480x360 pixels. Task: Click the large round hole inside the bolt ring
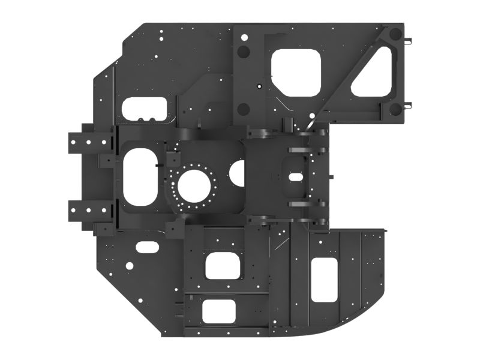pyautogui.click(x=194, y=185)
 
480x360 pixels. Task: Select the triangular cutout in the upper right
pyautogui.click(x=376, y=74)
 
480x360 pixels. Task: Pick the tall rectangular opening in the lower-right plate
pyautogui.click(x=326, y=280)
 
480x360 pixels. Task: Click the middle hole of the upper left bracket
pyautogui.click(x=90, y=142)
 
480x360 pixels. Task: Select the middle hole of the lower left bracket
pyautogui.click(x=90, y=209)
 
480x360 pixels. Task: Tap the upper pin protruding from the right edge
pyautogui.click(x=409, y=41)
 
